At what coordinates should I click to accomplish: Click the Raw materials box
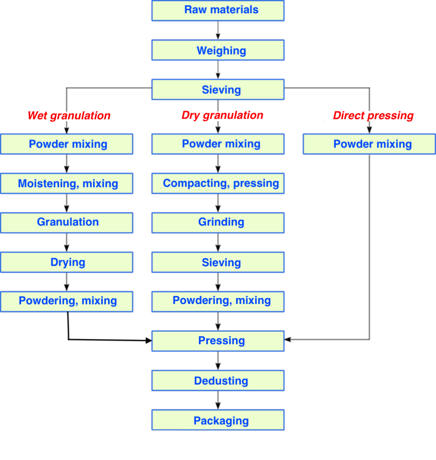pos(218,10)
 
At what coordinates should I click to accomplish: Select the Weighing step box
pos(218,50)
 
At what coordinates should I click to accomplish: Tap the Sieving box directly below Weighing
pos(218,90)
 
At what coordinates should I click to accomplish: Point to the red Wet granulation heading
pos(69,116)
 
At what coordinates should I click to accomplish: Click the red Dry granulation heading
pos(222,115)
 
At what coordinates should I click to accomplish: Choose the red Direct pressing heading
pos(373,116)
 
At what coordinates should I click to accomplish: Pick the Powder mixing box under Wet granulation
pos(67,144)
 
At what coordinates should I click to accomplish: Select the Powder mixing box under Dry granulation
pos(218,144)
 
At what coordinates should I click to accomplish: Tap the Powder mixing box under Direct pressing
pos(369,144)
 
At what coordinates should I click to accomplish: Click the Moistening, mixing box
pos(67,183)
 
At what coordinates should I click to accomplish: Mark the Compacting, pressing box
pos(218,183)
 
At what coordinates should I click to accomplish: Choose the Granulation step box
pos(67,222)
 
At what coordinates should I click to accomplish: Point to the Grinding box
pos(218,222)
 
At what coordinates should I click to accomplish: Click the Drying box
pos(67,262)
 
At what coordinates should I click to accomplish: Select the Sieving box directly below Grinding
pos(218,262)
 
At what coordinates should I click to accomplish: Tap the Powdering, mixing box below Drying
pos(67,301)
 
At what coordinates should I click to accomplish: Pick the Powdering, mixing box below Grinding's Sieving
pos(218,301)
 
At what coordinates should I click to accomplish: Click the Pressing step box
pos(218,341)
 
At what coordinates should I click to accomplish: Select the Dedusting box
pos(218,380)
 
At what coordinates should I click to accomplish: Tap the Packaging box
pos(218,420)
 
